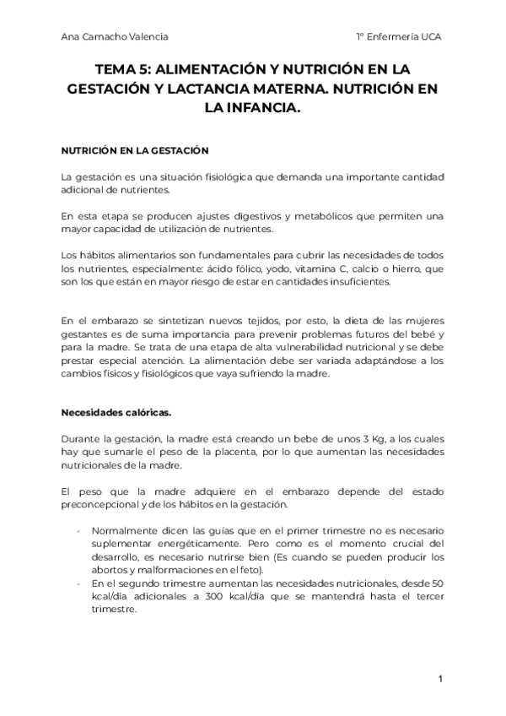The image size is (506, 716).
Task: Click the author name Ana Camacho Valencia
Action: (x=114, y=37)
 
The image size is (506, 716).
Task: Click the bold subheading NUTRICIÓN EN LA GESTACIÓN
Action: (x=134, y=149)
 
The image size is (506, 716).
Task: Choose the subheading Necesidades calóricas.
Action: (x=116, y=413)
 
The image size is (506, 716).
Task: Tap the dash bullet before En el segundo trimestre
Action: (x=78, y=584)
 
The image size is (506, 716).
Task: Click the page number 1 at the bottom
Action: (x=440, y=678)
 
